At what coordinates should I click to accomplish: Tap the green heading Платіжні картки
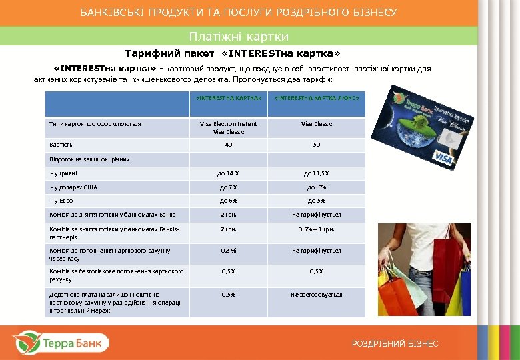239,36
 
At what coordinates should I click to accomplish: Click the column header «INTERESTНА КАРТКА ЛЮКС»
317,98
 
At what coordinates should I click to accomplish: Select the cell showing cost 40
229,145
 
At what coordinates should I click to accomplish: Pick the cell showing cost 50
317,145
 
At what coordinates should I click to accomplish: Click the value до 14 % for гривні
229,173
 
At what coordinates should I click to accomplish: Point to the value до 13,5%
317,173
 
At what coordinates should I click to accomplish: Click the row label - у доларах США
73,187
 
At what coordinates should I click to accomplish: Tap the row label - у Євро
63,201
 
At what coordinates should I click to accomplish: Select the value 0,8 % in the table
229,251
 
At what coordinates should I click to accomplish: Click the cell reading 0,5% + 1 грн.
317,229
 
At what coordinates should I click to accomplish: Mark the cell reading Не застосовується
317,294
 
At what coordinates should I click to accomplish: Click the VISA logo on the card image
443,157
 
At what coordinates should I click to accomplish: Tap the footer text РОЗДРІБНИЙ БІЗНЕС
395,343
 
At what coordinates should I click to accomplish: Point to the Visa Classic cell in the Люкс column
317,124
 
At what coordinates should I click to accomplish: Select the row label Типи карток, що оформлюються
95,124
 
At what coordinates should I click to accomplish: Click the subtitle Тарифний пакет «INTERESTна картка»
233,53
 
